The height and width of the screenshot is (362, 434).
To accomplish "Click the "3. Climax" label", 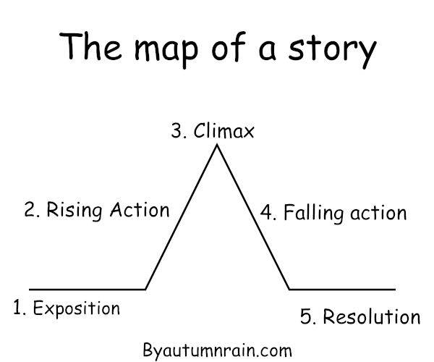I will [213, 132].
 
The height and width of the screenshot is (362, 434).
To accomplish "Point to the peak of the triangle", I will [216, 146].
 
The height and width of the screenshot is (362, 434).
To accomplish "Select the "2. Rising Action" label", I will [96, 211].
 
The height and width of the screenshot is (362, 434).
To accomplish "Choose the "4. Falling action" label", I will [333, 214].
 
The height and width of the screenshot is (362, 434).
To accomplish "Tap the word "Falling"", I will [308, 214].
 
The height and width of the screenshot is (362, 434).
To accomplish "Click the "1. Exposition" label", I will [66, 308].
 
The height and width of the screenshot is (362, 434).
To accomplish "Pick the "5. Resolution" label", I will [359, 317].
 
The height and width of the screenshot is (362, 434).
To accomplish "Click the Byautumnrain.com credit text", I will [217, 350].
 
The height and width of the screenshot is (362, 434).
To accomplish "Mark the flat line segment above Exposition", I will [87, 289].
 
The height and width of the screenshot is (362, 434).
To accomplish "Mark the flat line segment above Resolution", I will [342, 289].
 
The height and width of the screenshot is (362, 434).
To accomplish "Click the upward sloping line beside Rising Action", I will [181, 217].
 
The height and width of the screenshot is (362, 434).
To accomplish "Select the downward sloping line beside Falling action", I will [253, 217].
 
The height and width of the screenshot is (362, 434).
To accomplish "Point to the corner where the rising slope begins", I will [145, 289].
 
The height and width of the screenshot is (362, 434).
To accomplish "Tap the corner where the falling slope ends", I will [289, 289].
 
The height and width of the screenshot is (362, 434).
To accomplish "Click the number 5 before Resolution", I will [305, 317].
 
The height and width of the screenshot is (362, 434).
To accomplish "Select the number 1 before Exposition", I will [17, 308].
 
